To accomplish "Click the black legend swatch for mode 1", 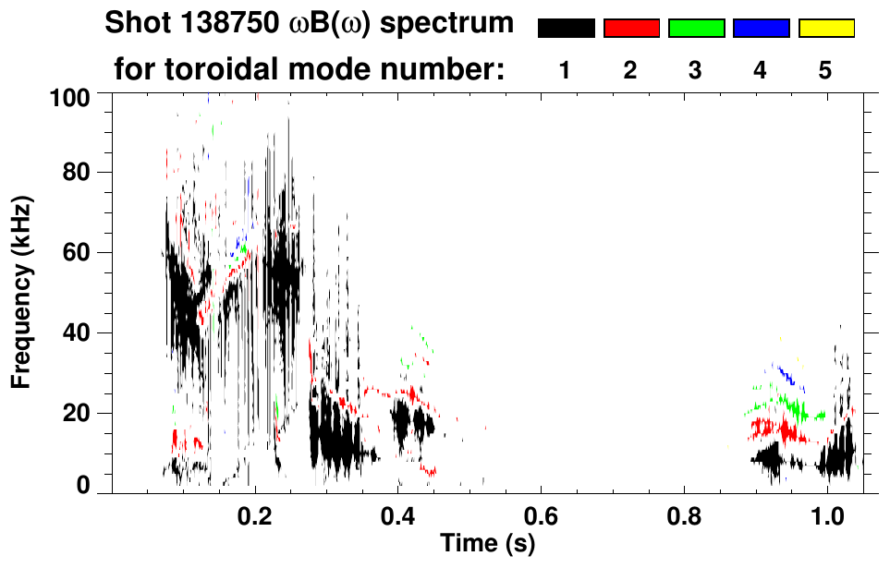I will tap(566, 29).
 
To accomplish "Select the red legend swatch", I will tap(631, 29).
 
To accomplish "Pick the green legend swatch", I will tap(696, 29).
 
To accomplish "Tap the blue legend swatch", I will tap(761, 29).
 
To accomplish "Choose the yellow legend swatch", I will tap(825, 29).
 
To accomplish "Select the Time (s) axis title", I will tap(487, 545).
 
